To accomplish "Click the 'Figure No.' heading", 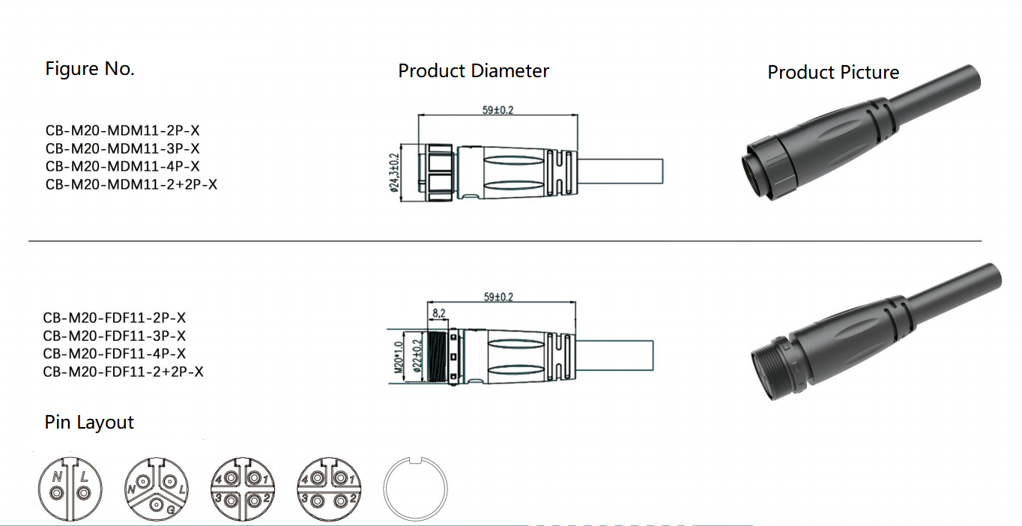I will tap(90, 69).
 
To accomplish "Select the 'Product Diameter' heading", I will tap(474, 71).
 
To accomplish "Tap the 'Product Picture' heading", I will tap(833, 73).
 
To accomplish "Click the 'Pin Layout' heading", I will tap(89, 423).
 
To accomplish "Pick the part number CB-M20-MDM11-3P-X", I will tap(122, 148).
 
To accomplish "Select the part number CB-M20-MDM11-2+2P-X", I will tap(131, 184).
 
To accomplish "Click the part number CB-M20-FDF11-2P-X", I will tap(115, 318).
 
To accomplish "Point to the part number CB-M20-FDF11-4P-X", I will tap(115, 354).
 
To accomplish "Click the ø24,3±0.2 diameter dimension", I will tap(394, 173).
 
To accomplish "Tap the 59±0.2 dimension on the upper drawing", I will tap(498, 110).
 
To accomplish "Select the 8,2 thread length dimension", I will tap(438, 312).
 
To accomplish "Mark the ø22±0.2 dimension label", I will tap(417, 357).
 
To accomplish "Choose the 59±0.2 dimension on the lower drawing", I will tap(498, 297).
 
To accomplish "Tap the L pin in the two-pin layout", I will tap(84, 492).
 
